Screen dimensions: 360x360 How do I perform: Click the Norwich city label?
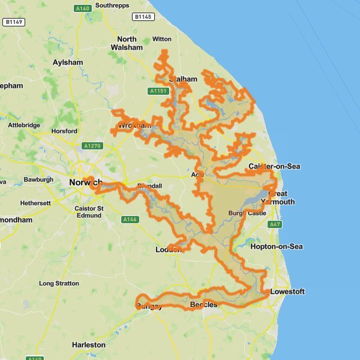(83, 182)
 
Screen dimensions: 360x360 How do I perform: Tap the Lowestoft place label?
(288, 292)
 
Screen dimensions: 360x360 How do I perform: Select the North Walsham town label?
(126, 43)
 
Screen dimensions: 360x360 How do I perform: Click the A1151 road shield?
(158, 91)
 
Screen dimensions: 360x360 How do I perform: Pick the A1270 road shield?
(92, 146)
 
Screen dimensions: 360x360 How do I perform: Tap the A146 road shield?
(130, 220)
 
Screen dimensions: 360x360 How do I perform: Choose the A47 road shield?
(275, 224)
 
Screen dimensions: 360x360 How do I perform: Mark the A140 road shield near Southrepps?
(83, 8)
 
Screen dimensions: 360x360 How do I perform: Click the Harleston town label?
(89, 345)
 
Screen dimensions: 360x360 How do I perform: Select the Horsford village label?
(65, 131)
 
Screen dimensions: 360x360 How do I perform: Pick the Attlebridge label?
(24, 125)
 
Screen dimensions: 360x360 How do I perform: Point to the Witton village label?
(162, 39)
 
